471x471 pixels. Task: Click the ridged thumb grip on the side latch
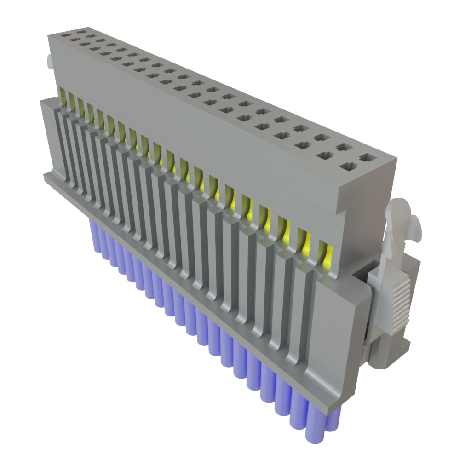401,305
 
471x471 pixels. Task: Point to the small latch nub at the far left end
48,62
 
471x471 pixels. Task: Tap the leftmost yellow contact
63,95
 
